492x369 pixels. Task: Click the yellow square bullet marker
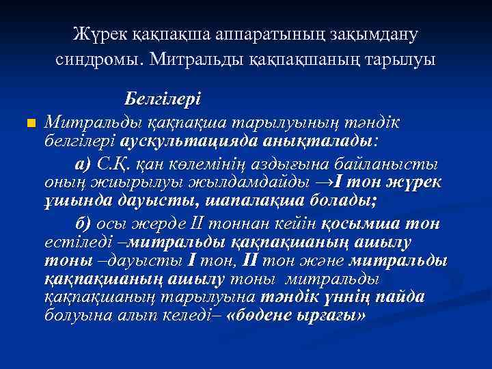29,123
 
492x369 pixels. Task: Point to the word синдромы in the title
96,59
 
